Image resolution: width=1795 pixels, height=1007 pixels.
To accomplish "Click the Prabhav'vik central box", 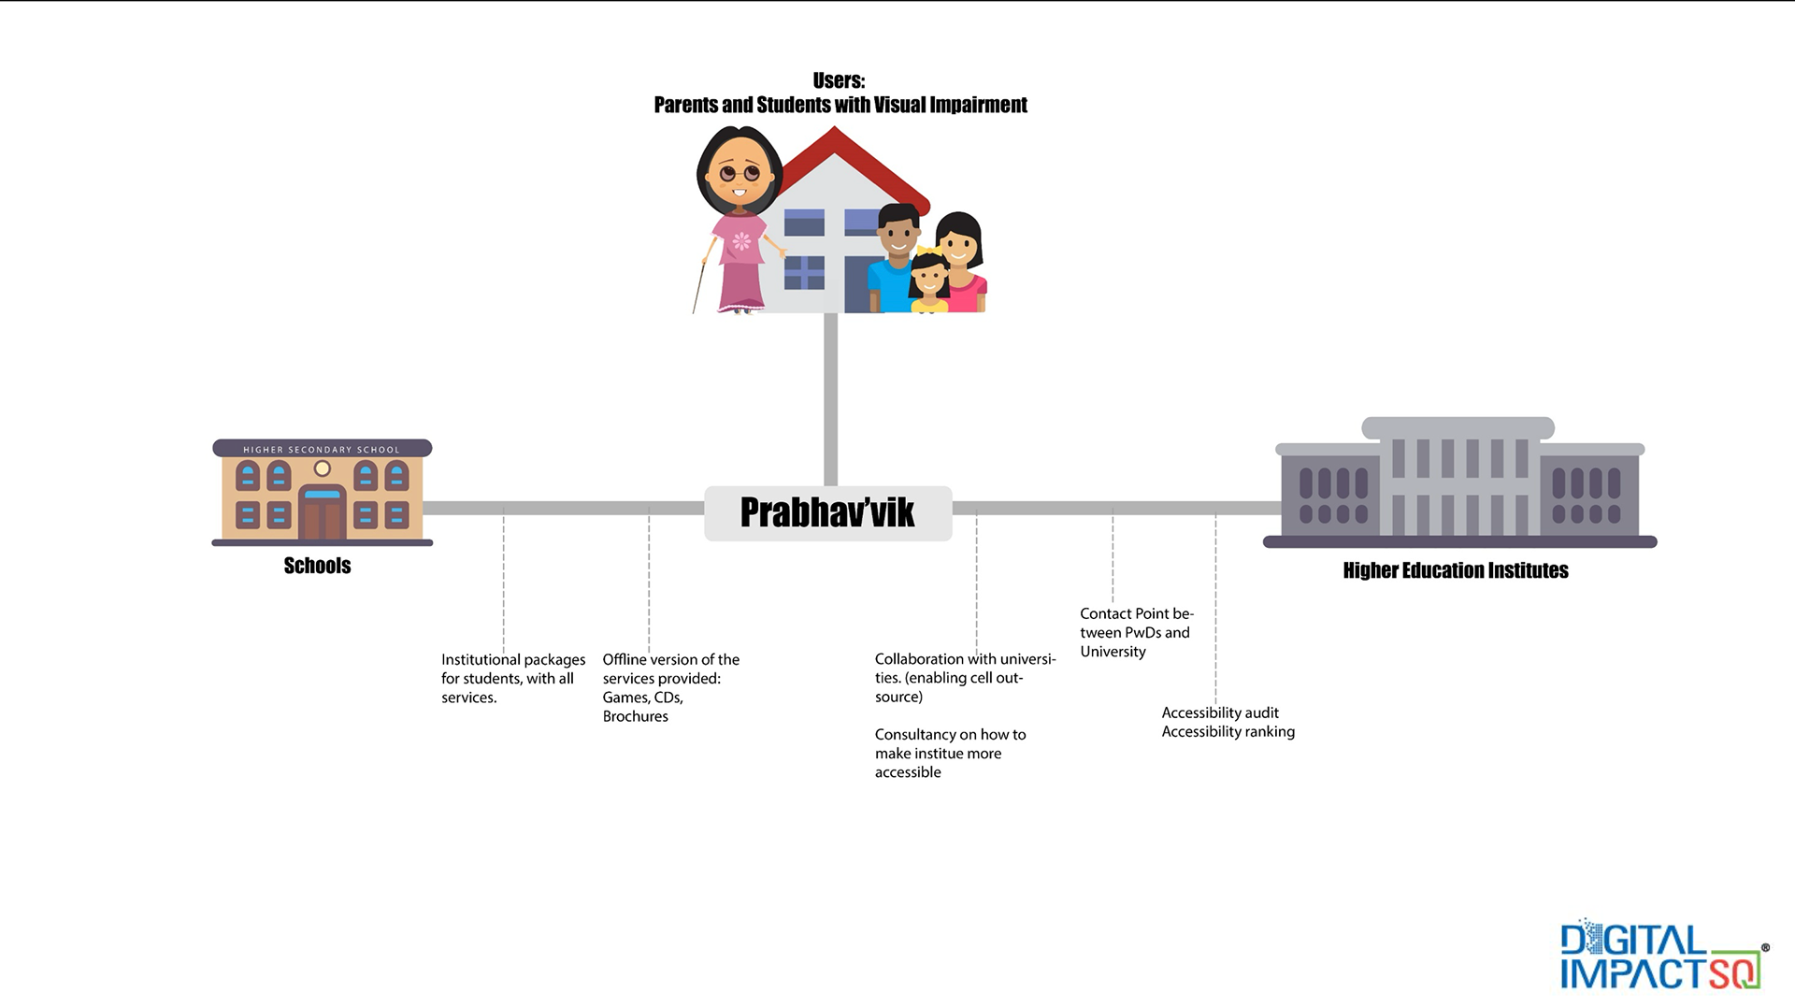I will tap(827, 512).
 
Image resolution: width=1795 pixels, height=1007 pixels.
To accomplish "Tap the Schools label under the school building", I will tap(317, 566).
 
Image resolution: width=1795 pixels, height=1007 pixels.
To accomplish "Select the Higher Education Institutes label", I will tap(1455, 570).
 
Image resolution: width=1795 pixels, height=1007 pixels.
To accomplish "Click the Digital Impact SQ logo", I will tap(1660, 957).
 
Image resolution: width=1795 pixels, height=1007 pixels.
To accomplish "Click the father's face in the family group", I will tap(898, 233).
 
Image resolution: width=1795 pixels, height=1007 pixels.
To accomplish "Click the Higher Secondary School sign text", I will tap(322, 450).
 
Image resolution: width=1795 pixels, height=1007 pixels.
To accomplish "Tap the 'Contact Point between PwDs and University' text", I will tap(1136, 632).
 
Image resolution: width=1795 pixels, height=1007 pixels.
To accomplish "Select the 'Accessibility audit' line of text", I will tap(1220, 712).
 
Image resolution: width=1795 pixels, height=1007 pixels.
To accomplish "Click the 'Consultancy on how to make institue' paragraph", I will tap(949, 753).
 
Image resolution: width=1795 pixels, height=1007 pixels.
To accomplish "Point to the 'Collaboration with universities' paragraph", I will tap(964, 677).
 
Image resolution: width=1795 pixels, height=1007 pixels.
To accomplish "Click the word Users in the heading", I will tap(838, 80).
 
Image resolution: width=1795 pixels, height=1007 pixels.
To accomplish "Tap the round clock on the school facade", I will tap(323, 468).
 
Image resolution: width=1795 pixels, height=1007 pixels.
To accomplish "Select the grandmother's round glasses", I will tap(740, 173).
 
